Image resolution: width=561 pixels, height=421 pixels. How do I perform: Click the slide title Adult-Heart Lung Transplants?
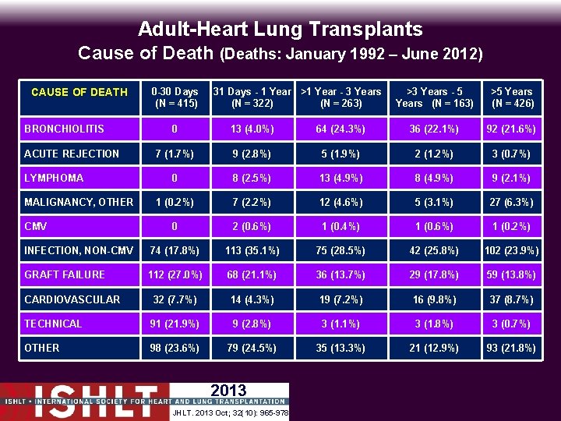(x=280, y=29)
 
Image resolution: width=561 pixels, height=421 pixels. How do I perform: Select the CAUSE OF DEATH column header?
(x=80, y=92)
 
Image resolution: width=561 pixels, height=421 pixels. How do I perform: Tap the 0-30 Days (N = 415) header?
(x=175, y=97)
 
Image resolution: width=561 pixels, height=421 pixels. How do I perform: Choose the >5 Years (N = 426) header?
(x=512, y=97)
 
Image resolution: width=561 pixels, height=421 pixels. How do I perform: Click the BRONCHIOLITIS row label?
(x=65, y=129)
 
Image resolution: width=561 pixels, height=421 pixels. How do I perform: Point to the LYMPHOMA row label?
(x=54, y=178)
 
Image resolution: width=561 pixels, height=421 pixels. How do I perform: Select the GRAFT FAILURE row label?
(x=65, y=274)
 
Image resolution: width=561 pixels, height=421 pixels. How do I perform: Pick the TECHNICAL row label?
(x=53, y=324)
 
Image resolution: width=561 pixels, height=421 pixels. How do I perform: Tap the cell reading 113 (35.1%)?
(x=252, y=250)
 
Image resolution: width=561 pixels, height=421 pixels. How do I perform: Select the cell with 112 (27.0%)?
(x=175, y=274)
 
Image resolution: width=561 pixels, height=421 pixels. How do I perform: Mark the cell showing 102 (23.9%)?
(x=512, y=250)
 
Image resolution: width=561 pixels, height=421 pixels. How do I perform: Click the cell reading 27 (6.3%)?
(x=512, y=202)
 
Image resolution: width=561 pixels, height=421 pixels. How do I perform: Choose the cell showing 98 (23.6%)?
(x=175, y=348)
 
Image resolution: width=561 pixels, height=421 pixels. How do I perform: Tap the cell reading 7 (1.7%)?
(x=175, y=154)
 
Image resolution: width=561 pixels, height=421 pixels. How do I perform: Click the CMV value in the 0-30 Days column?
(x=175, y=226)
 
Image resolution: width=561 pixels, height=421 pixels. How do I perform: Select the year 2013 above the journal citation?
(x=228, y=391)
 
